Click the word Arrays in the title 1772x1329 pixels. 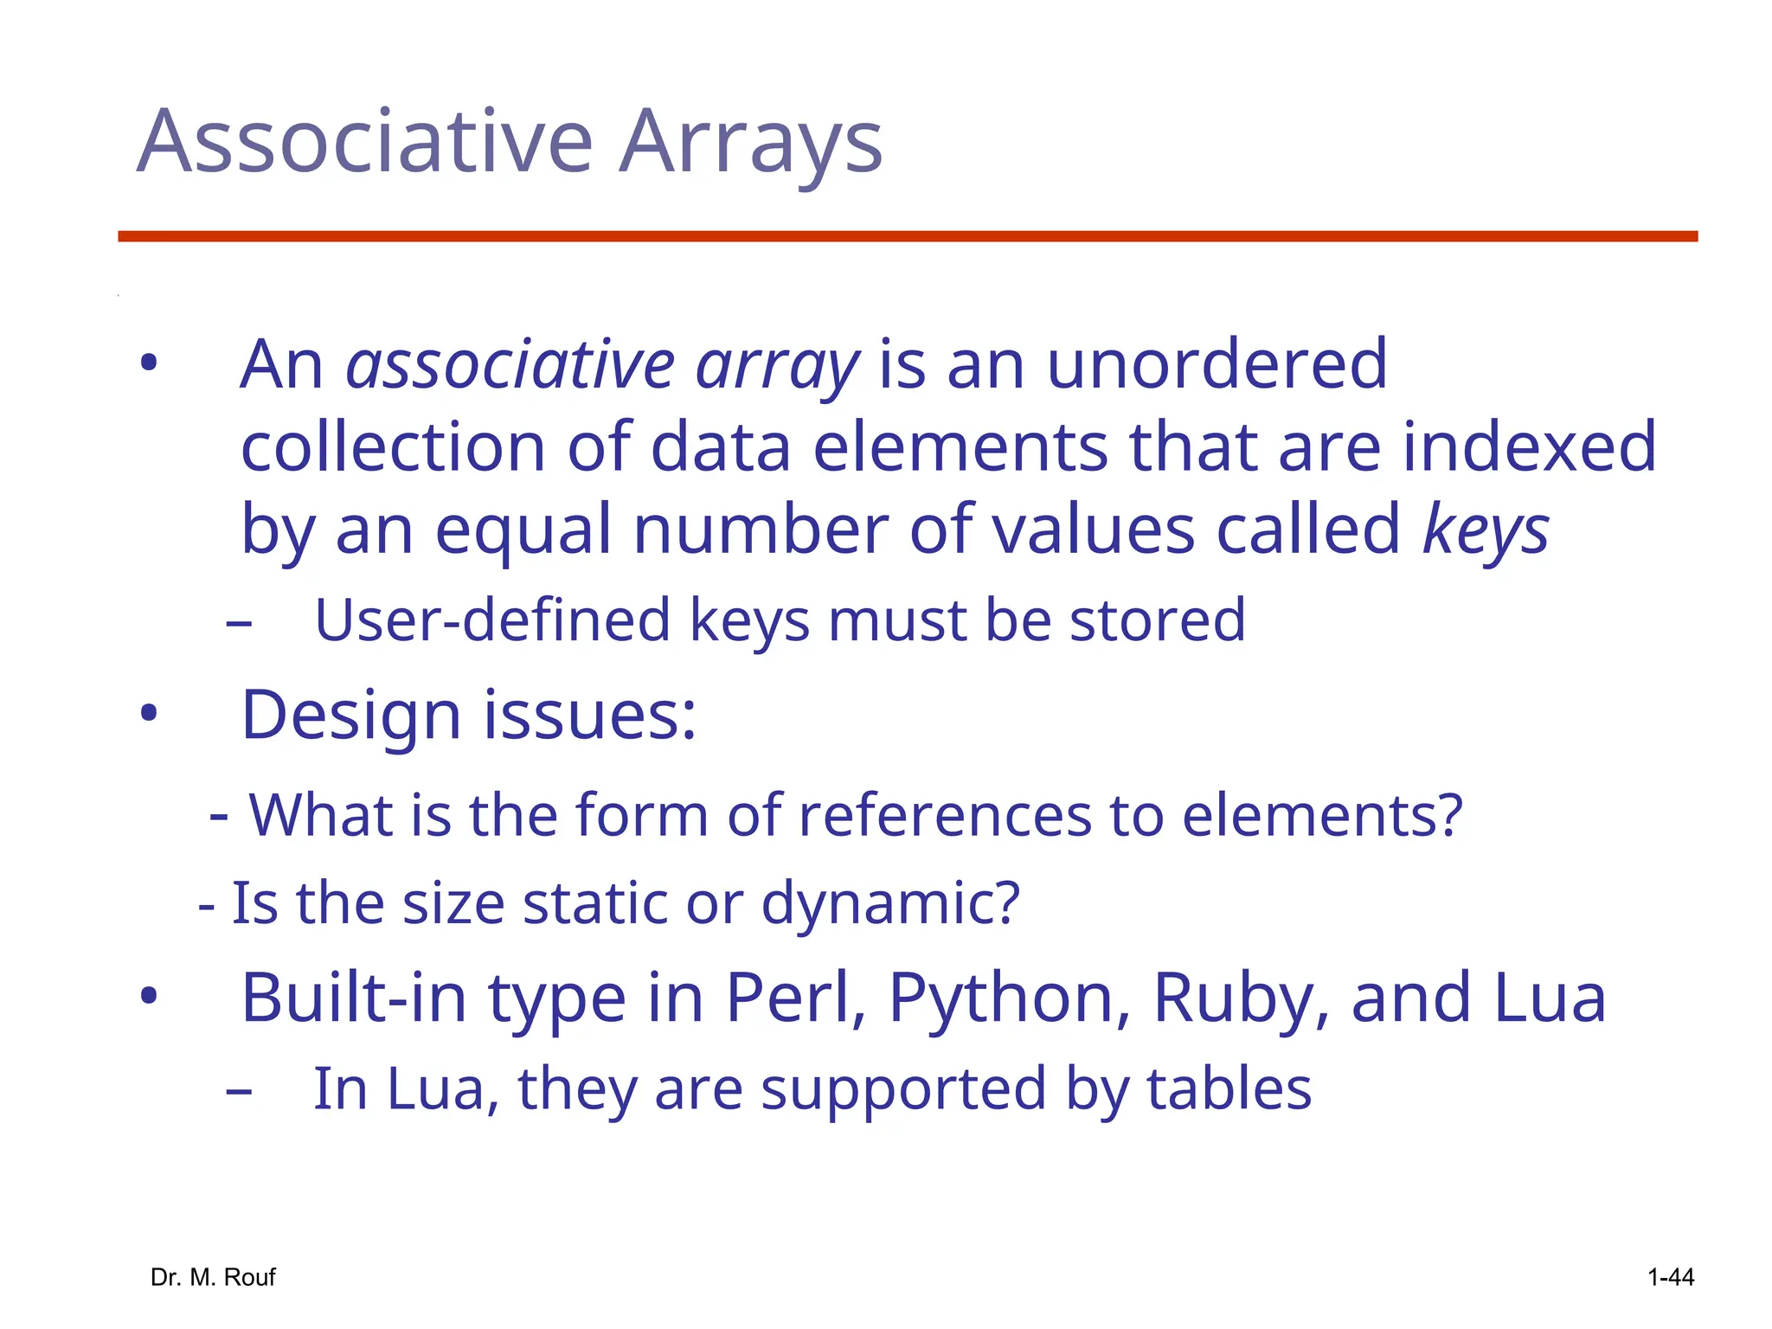(751, 142)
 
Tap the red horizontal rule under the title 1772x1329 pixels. (907, 236)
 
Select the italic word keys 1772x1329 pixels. (1486, 530)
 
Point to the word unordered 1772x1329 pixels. (1217, 364)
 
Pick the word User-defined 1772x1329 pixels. (492, 620)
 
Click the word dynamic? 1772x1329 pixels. (890, 903)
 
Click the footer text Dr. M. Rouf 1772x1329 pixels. (213, 1277)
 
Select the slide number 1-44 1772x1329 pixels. (1670, 1277)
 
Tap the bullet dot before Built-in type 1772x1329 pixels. (149, 997)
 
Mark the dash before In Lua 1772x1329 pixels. (238, 1091)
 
